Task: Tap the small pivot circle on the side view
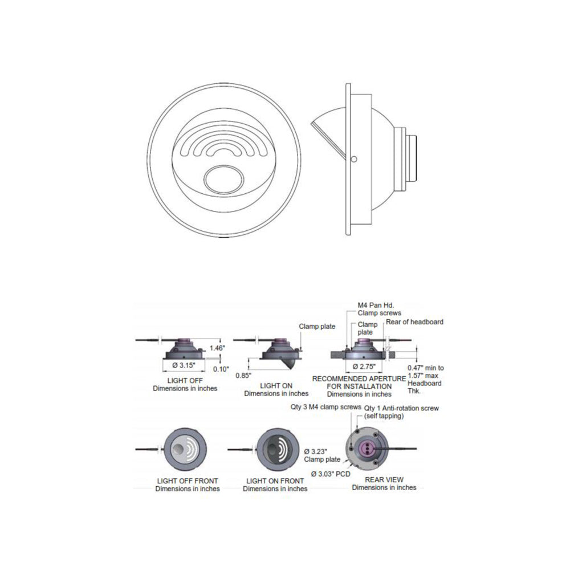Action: coord(354,159)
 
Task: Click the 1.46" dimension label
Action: coord(217,348)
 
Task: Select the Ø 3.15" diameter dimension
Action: coord(184,365)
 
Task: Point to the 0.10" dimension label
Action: coord(221,369)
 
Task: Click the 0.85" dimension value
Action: coord(243,376)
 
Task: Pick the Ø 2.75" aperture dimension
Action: coord(364,367)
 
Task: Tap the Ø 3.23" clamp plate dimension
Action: coord(316,451)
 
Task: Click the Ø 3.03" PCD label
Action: coord(331,474)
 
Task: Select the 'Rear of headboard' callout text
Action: coord(414,321)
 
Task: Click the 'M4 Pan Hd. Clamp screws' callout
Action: coord(379,309)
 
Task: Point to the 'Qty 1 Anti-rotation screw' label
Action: coord(401,408)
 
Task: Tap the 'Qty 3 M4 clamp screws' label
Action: coord(325,407)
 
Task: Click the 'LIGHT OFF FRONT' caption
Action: coord(188,481)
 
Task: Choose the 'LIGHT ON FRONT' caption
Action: coord(275,481)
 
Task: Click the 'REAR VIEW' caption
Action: coord(384,479)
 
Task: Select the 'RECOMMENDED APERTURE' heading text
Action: coord(359,378)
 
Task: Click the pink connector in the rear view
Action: coord(367,448)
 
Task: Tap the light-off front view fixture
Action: coord(185,449)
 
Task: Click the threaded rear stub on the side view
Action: coord(411,158)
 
